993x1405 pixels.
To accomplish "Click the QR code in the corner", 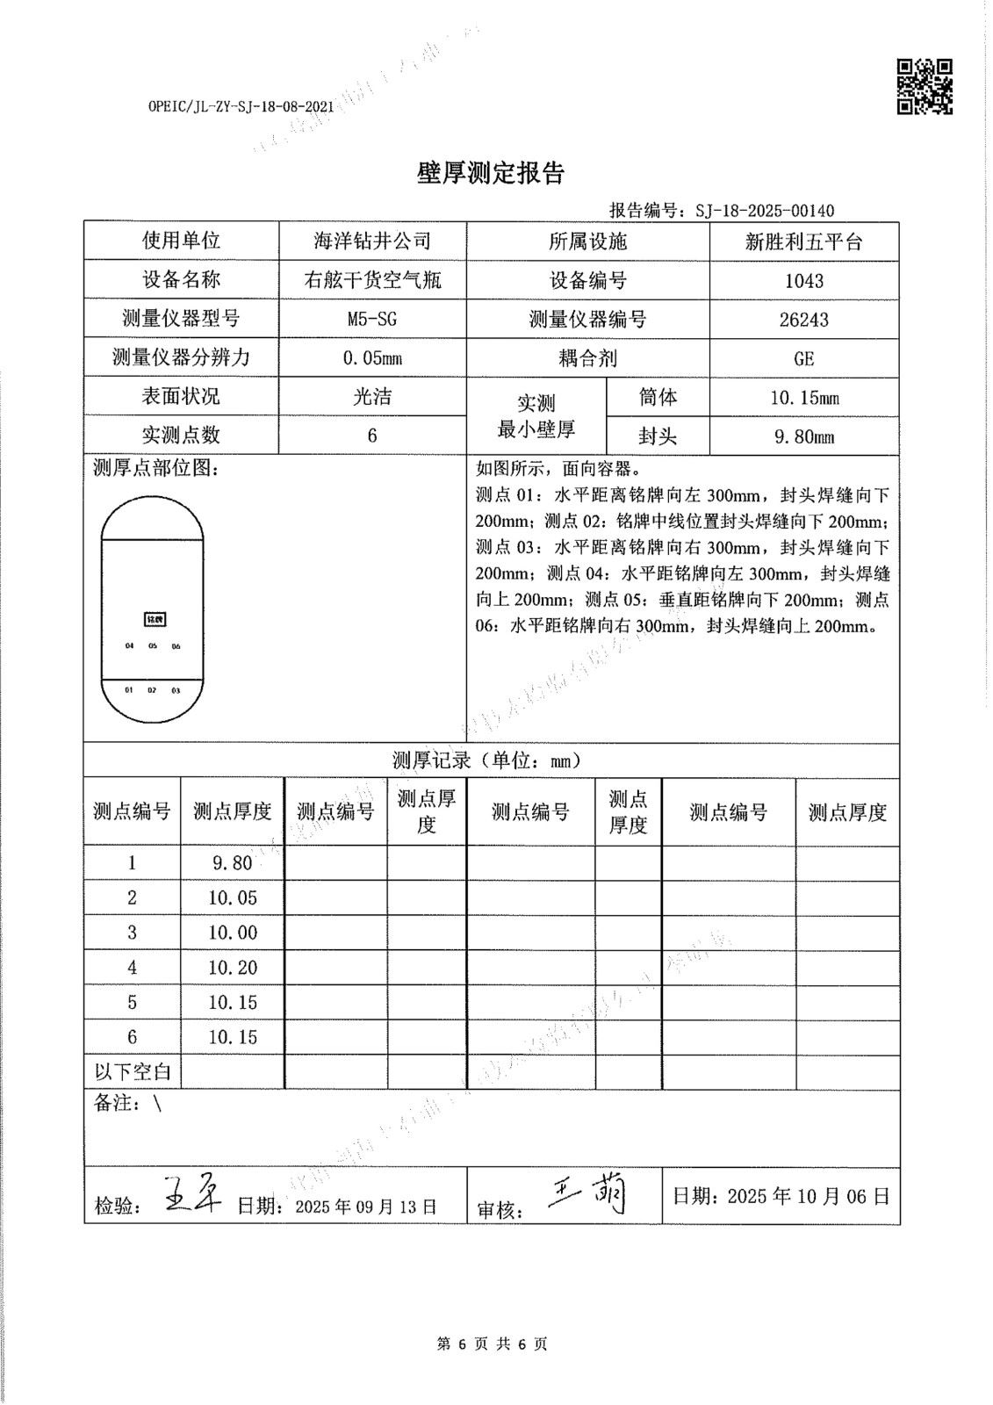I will (x=925, y=86).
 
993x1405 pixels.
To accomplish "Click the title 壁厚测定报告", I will (x=490, y=174).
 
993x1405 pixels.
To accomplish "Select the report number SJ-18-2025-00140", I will (x=764, y=211).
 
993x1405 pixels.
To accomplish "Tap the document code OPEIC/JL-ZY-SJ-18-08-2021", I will (x=241, y=107).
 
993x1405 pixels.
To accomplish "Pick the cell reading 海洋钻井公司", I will (x=372, y=241).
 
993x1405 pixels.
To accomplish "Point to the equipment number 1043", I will (x=803, y=281).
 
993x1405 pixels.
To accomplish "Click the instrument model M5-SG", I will (x=372, y=319).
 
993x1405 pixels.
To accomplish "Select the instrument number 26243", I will (x=803, y=320).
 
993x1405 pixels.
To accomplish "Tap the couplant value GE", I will (x=803, y=358).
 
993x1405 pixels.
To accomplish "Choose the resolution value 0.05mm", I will (x=372, y=358).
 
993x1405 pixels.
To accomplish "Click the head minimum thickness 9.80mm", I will (x=803, y=436).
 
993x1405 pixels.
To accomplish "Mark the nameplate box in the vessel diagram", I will (x=154, y=619).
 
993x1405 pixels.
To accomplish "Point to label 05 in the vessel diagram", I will (x=153, y=646).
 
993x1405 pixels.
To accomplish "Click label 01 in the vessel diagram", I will (x=129, y=690).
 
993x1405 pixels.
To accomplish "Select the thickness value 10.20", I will (x=233, y=968).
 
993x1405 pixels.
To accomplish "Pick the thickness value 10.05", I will (x=233, y=897).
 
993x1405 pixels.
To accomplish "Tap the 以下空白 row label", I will (x=133, y=1072).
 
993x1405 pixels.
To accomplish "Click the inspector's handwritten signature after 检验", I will (x=193, y=1196).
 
